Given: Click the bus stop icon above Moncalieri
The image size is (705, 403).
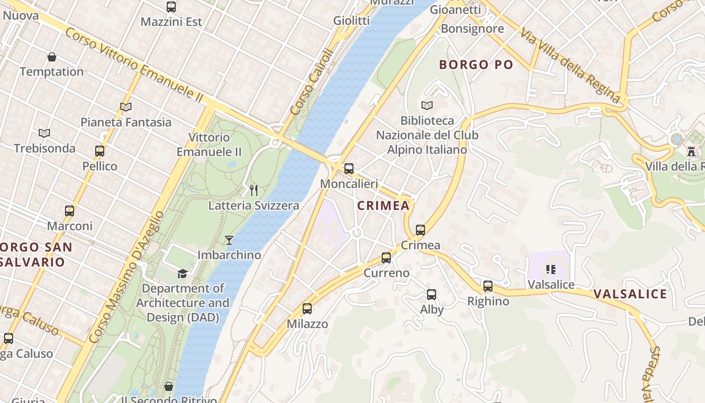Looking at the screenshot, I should click(348, 169).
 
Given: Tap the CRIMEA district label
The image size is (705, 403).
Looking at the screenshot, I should click(383, 206).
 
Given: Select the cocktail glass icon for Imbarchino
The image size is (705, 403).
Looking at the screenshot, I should click(229, 240).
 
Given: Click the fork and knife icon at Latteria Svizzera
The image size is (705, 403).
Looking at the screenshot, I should click(254, 190).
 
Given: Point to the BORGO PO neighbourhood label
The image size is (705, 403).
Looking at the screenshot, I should click(476, 64).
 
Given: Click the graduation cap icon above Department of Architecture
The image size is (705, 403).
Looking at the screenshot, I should click(182, 274).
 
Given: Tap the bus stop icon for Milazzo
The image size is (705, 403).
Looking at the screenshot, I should click(307, 309).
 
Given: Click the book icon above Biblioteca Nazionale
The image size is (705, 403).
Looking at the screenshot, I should click(427, 105).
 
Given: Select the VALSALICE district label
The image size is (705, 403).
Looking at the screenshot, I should click(630, 294).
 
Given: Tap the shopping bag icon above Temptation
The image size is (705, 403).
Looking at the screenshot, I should click(51, 56).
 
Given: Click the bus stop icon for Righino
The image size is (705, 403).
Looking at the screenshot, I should click(487, 286).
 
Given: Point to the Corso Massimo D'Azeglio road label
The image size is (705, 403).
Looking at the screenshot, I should click(126, 277).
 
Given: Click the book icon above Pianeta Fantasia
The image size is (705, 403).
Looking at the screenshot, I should click(126, 107).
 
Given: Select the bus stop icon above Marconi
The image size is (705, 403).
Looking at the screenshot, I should click(69, 211).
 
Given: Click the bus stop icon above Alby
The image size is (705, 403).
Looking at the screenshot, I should click(432, 295).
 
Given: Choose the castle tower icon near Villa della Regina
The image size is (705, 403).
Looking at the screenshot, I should click(691, 151).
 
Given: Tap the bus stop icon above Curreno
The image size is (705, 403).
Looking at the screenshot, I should click(386, 258).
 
